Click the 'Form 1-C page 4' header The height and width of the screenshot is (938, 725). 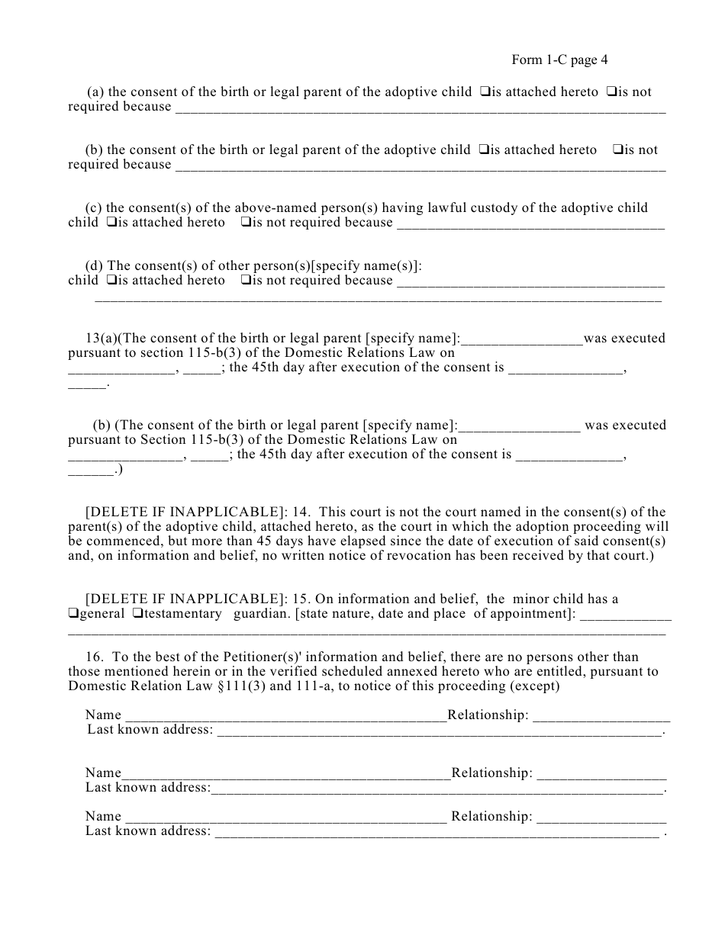coord(559,60)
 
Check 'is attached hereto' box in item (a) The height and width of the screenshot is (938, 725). coord(485,92)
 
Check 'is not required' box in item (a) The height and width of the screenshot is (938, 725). coord(611,92)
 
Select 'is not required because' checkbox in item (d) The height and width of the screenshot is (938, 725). coord(246,281)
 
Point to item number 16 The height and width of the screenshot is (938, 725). coord(94,657)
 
